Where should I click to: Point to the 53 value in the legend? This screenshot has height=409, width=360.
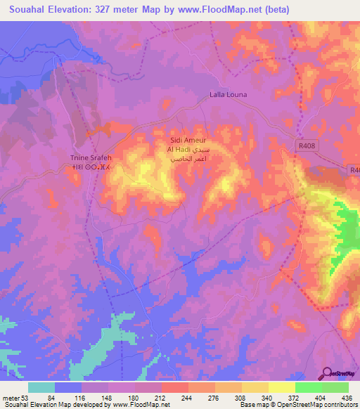pyautogui.click(x=25, y=399)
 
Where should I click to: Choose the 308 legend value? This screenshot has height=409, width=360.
pyautogui.click(x=242, y=399)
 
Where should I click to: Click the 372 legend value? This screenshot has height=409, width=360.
pyautogui.click(x=295, y=399)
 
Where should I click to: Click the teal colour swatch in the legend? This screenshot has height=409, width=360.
pyautogui.click(x=41, y=387)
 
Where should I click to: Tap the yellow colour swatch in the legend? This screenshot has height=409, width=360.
pyautogui.click(x=282, y=387)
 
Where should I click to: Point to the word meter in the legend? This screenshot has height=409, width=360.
pyautogui.click(x=11, y=399)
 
